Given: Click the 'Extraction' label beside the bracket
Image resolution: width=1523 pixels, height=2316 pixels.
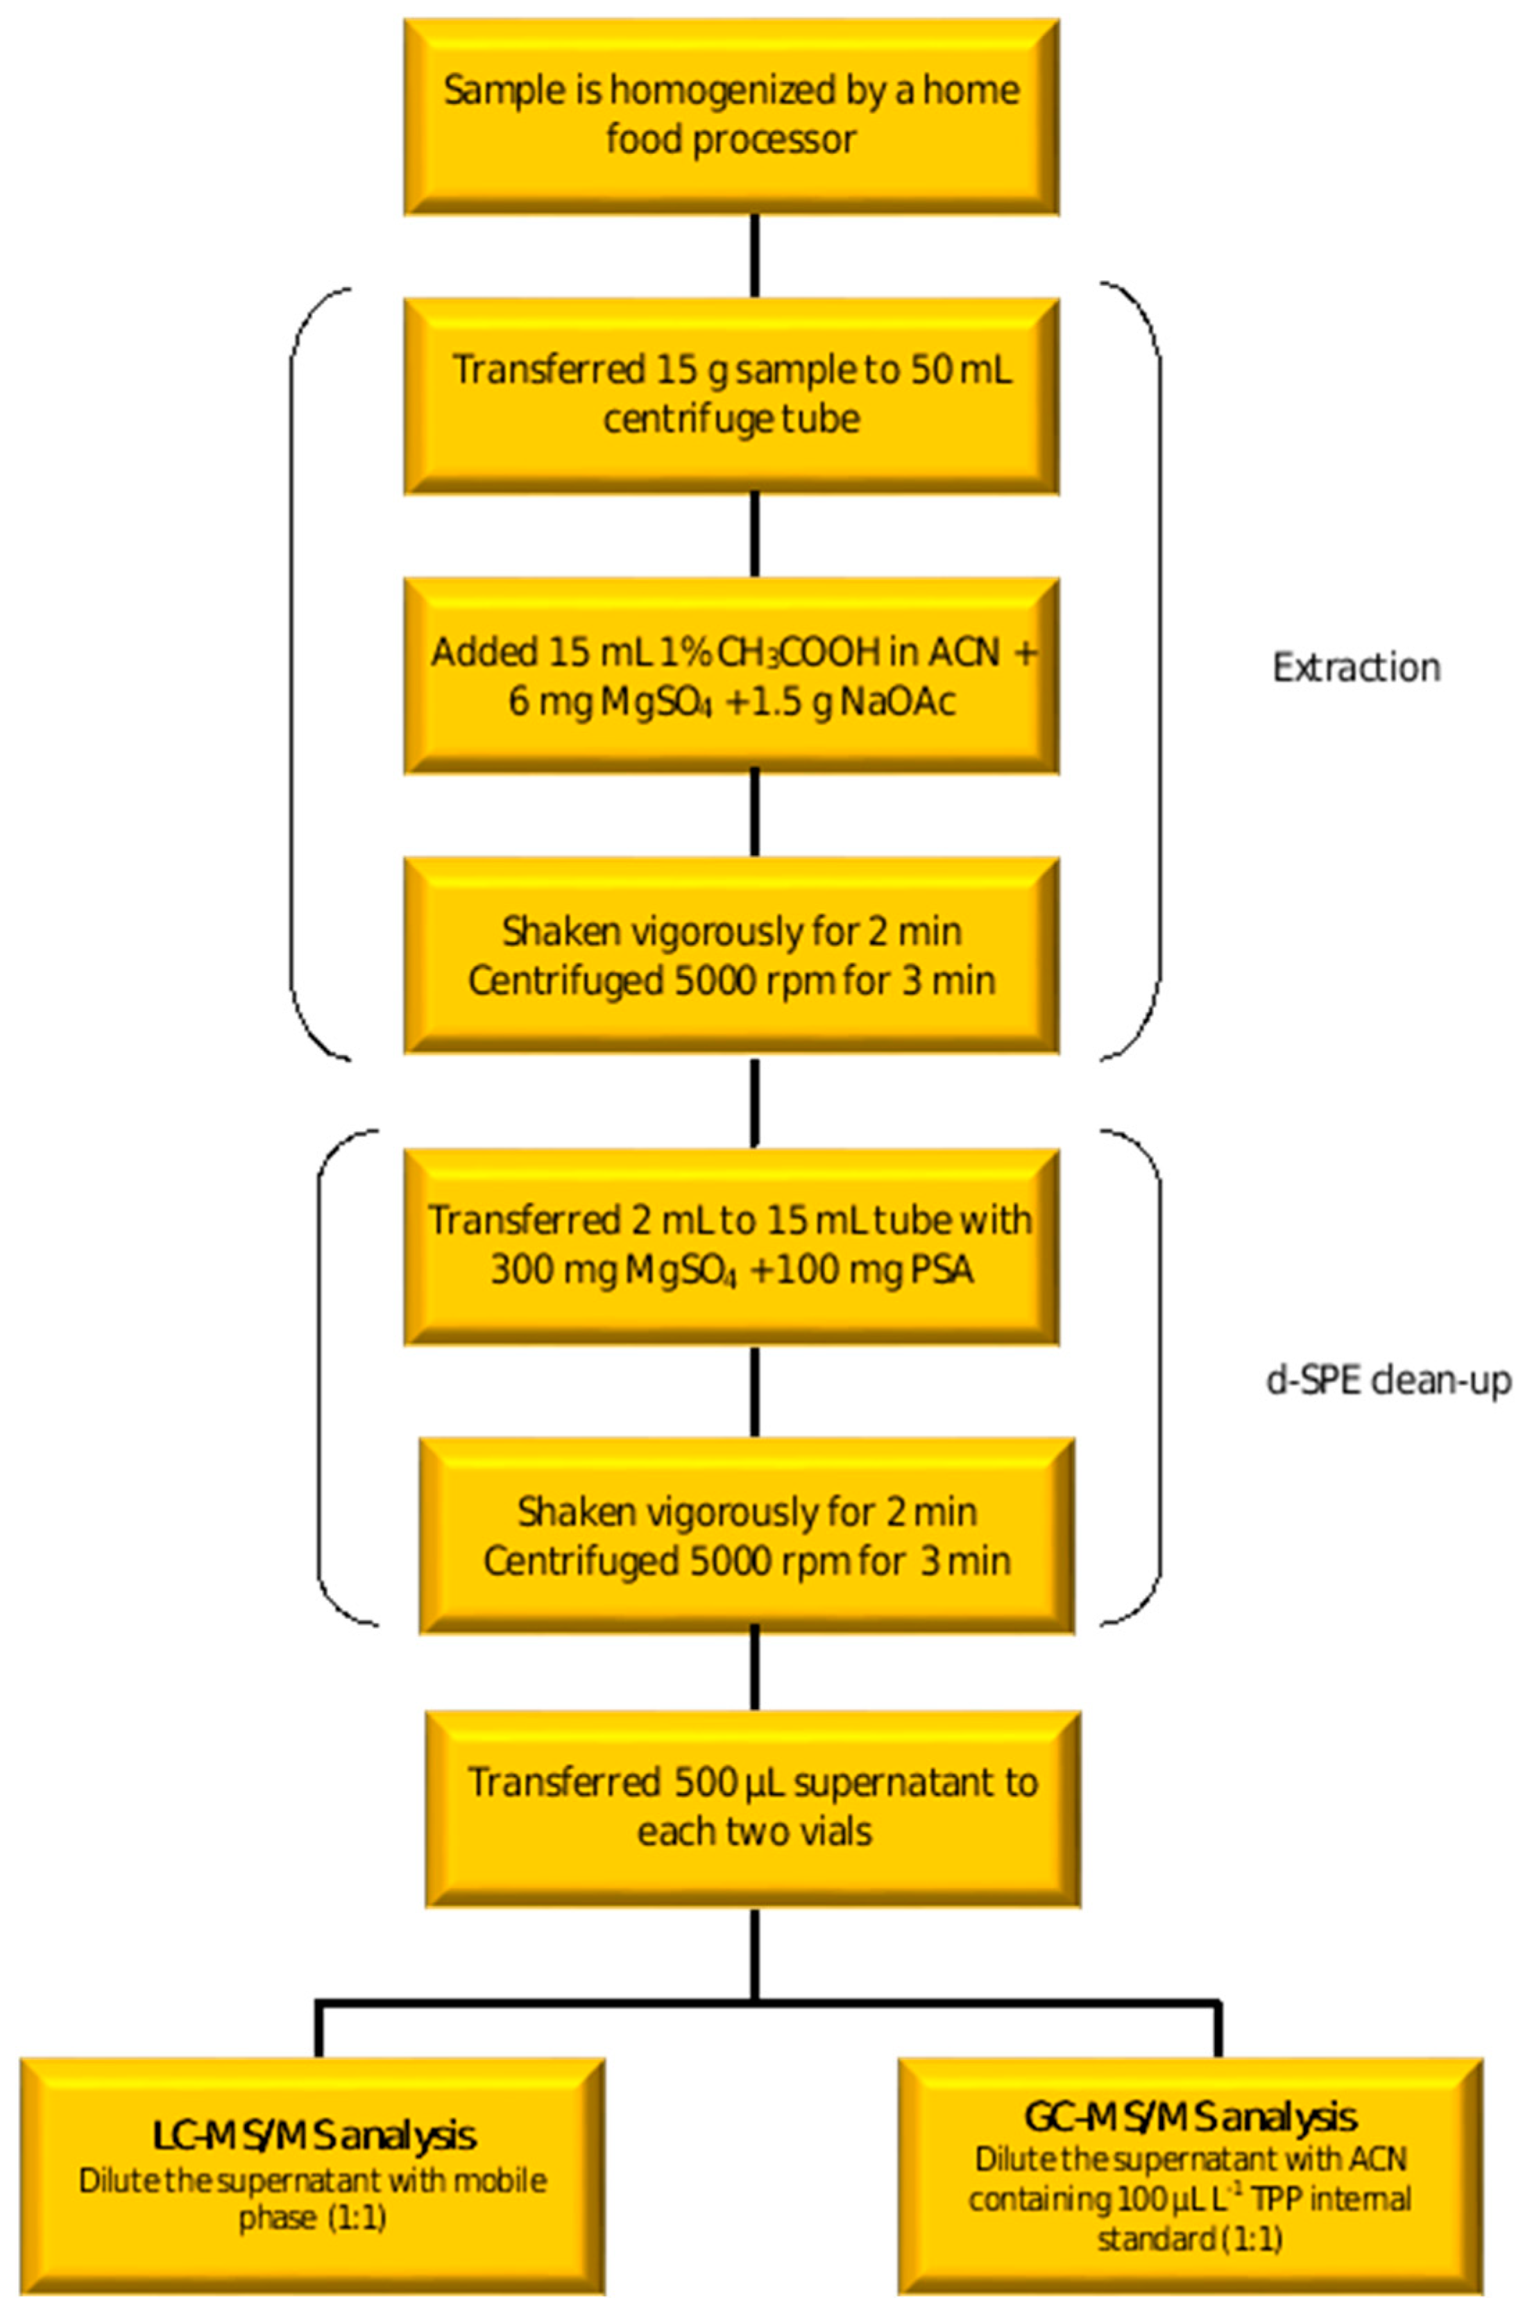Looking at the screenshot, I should point(1356,667).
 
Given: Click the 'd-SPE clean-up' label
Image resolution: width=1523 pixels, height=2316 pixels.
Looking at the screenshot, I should point(1388,1380).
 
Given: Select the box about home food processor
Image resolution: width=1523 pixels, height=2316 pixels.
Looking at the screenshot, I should point(731,116).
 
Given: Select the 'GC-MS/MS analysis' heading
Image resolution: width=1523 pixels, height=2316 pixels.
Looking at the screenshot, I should point(1189,2116).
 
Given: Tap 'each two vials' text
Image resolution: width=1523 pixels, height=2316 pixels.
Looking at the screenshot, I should point(754,1831).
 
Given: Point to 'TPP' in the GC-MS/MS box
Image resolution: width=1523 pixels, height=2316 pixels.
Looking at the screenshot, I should point(1270,2199).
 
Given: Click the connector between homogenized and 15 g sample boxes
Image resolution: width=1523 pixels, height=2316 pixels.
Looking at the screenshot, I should point(754,255).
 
